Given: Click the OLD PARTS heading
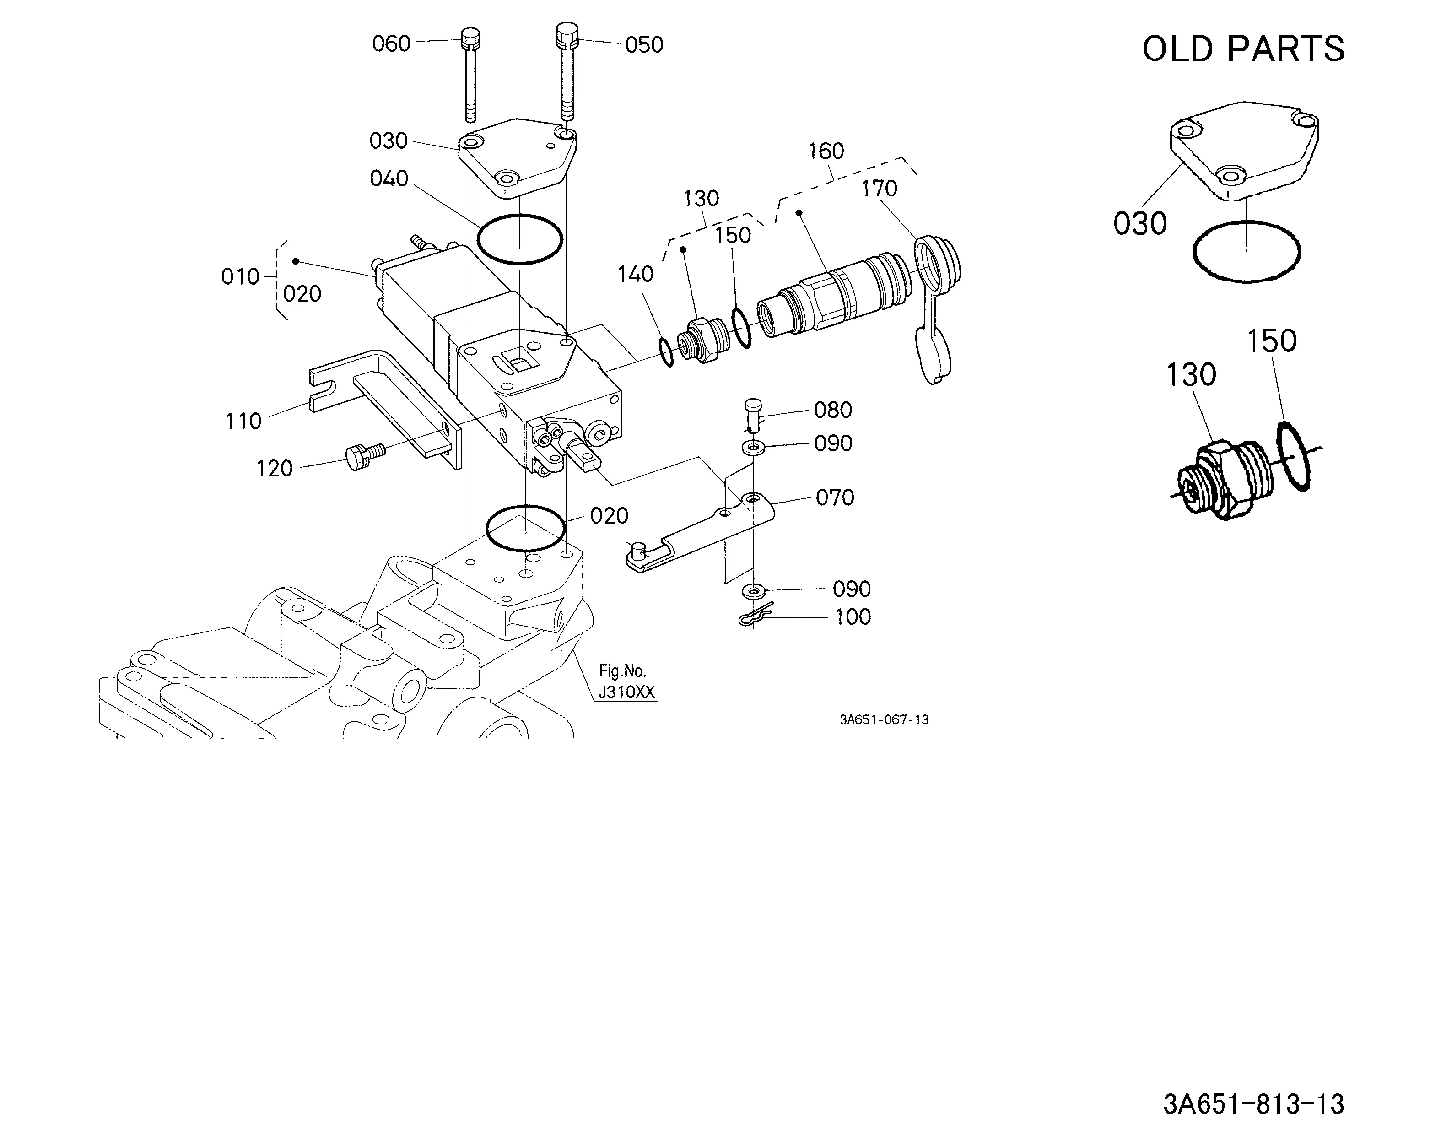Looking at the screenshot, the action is [x=1243, y=49].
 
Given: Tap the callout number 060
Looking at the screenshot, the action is [x=391, y=44].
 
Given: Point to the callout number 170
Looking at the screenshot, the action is [x=879, y=189].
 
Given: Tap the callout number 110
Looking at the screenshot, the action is [x=243, y=421].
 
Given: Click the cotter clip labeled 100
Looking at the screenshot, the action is [x=755, y=616].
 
